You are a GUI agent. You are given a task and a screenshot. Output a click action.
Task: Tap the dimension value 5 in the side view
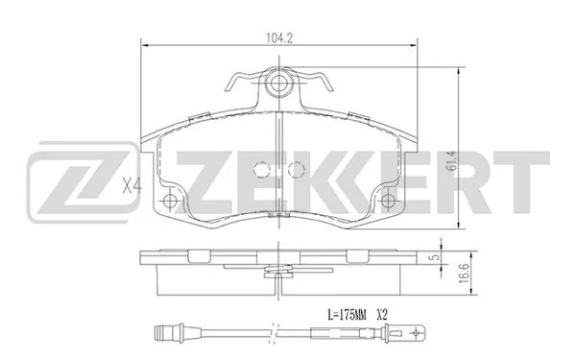click(434, 258)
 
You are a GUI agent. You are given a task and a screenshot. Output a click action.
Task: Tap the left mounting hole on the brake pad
click(171, 202)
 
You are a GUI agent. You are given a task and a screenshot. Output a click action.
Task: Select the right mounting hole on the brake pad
click(389, 202)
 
